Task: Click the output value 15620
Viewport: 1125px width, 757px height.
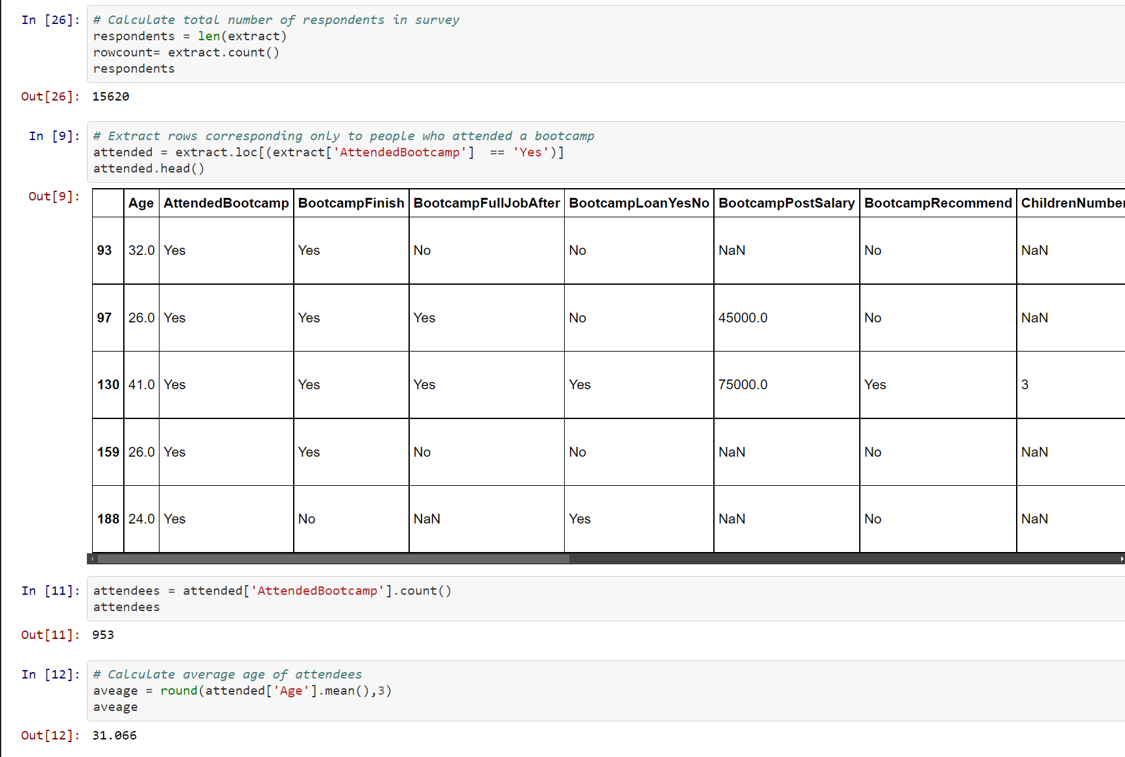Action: click(110, 97)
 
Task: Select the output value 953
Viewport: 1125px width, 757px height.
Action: click(103, 635)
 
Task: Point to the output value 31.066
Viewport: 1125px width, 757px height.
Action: click(114, 736)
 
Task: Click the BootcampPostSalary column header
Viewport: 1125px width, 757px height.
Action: click(786, 203)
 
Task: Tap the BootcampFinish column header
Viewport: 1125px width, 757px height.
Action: click(351, 203)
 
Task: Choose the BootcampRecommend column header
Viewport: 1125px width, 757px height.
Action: click(938, 203)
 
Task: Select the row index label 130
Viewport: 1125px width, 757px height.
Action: click(108, 385)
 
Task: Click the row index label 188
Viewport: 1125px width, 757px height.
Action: click(108, 519)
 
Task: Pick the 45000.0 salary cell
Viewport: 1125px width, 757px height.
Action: click(742, 318)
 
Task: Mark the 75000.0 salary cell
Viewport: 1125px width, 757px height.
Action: click(742, 385)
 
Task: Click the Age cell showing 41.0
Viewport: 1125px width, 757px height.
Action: click(141, 385)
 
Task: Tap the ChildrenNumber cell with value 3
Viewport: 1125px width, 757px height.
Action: click(1024, 385)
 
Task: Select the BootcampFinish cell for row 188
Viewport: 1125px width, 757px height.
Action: click(307, 519)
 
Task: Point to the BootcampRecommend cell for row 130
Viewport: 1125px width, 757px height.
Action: click(875, 385)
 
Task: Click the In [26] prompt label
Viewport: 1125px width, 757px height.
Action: click(51, 20)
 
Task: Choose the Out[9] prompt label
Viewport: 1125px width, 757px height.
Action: click(54, 197)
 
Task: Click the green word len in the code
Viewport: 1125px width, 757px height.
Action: click(209, 36)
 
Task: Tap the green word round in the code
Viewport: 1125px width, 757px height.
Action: click(179, 691)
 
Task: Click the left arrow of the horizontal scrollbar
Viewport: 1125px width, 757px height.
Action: click(93, 559)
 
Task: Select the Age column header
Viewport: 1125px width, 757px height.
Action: click(141, 203)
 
